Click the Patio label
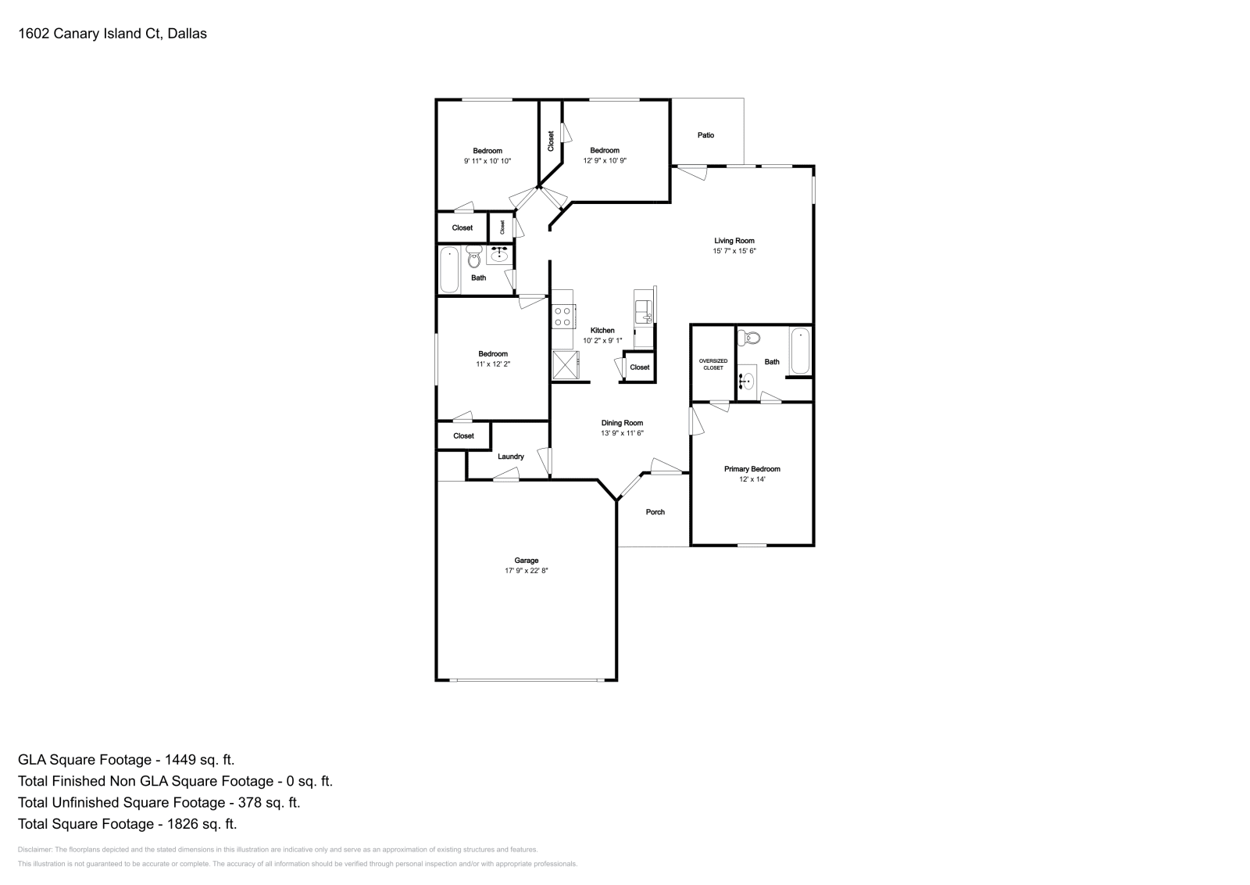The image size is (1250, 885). click(705, 135)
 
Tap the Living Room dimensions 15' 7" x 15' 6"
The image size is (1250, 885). click(734, 251)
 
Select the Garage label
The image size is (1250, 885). click(526, 561)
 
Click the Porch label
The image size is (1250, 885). click(655, 512)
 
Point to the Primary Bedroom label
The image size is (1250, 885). click(752, 469)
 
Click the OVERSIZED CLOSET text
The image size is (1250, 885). click(712, 364)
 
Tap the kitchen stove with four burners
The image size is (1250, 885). click(562, 316)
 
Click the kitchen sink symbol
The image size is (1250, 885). click(643, 312)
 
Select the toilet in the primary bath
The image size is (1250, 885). click(749, 338)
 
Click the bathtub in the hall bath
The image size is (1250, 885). click(449, 270)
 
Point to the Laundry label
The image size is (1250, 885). click(511, 457)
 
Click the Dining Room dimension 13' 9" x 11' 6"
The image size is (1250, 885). click(622, 433)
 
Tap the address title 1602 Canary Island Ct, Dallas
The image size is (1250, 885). click(112, 34)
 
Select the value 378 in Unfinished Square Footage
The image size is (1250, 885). click(243, 802)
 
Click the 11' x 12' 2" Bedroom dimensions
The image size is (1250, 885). click(493, 364)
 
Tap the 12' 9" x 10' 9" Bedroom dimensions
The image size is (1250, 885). click(605, 160)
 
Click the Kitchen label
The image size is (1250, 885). click(602, 330)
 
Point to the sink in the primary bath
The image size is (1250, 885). click(747, 382)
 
